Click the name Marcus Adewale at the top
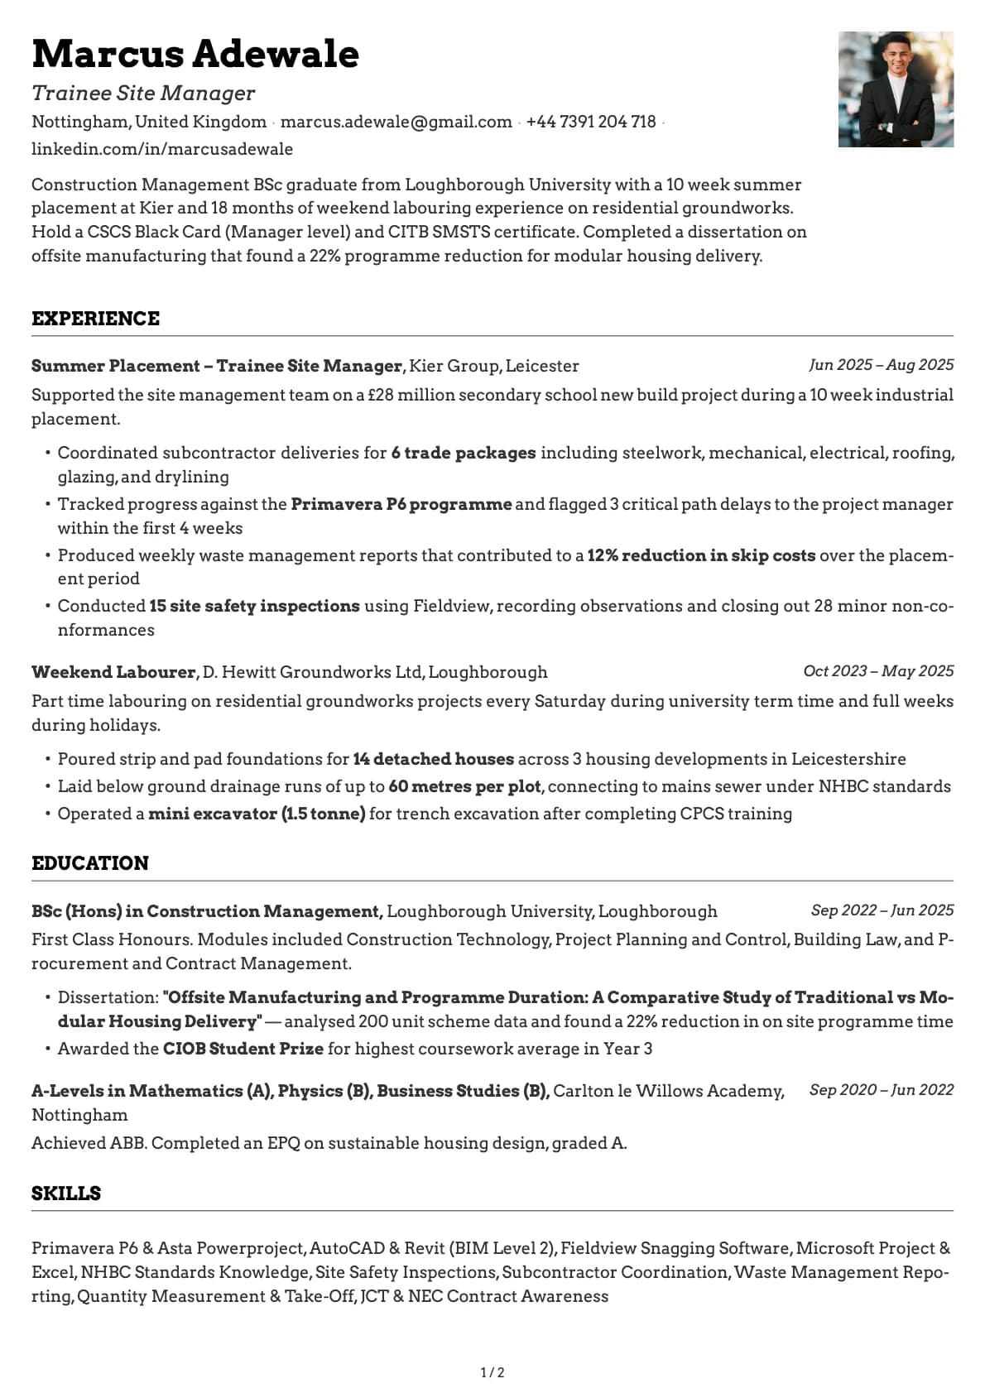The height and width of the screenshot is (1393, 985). pyautogui.click(x=195, y=55)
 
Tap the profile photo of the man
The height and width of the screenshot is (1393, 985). pyautogui.click(x=896, y=89)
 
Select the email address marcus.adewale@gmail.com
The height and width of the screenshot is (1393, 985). pyautogui.click(x=396, y=122)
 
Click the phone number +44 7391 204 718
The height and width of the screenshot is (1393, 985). pyautogui.click(x=590, y=122)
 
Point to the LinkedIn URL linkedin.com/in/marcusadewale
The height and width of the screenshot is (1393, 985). pyautogui.click(x=162, y=149)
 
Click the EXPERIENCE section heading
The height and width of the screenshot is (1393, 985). pyautogui.click(x=95, y=319)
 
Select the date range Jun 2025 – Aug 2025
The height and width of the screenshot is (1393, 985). pyautogui.click(x=881, y=365)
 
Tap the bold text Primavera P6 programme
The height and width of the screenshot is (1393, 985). pyautogui.click(x=401, y=504)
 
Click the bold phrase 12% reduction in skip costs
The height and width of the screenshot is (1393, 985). pyautogui.click(x=701, y=555)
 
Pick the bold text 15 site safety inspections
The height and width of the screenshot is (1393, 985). pyautogui.click(x=254, y=606)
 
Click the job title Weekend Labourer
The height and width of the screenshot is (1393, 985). pyautogui.click(x=113, y=672)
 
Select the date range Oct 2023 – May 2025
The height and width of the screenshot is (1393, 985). pyautogui.click(x=878, y=671)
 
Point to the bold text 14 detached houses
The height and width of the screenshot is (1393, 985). pyautogui.click(x=433, y=759)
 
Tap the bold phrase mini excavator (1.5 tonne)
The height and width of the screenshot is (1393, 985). pyautogui.click(x=257, y=814)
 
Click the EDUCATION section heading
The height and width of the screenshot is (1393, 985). pyautogui.click(x=90, y=863)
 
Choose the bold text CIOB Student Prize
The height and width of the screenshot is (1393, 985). pyautogui.click(x=243, y=1049)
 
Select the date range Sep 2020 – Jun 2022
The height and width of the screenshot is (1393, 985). pyautogui.click(x=881, y=1090)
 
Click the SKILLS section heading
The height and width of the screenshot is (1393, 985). pyautogui.click(x=66, y=1194)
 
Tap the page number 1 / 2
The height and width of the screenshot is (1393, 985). pyautogui.click(x=492, y=1372)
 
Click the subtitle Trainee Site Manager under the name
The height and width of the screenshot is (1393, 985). pyautogui.click(x=143, y=94)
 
